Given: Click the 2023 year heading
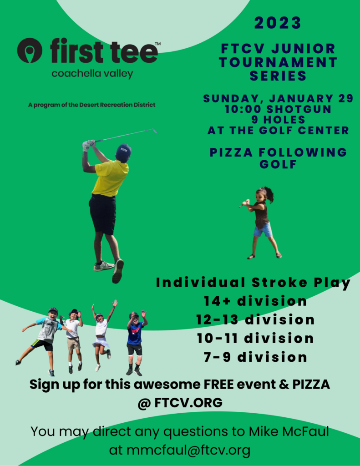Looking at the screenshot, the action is pos(278,23).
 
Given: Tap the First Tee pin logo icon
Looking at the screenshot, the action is pos(30,50).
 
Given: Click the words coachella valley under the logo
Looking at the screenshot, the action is pos(92,74).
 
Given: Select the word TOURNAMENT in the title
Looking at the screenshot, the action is pos(278,62).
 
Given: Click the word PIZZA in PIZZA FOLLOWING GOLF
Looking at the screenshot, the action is pos(231,152).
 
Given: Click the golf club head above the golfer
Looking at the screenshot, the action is pos(154,131).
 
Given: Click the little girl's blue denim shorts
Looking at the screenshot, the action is pos(263,230).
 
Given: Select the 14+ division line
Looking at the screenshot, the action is pos(255,301).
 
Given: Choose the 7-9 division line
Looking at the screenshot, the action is pos(255,357).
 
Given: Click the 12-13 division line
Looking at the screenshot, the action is pos(255,320).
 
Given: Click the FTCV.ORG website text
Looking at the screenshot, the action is pos(188,403).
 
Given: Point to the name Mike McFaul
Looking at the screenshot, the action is pos(289,431).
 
